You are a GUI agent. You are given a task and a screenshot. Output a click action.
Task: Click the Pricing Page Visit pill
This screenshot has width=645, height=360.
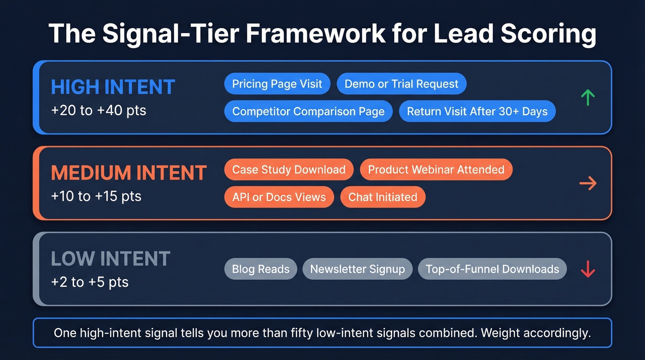pyautogui.click(x=277, y=84)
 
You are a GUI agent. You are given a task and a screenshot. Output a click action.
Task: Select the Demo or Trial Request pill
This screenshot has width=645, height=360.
pyautogui.click(x=401, y=84)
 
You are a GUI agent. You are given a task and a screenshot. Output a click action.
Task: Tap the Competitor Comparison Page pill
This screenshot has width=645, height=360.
pyautogui.click(x=308, y=112)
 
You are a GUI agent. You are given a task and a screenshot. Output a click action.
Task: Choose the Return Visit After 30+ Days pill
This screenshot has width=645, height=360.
pyautogui.click(x=477, y=112)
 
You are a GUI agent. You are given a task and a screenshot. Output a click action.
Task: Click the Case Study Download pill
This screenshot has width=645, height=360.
pyautogui.click(x=289, y=170)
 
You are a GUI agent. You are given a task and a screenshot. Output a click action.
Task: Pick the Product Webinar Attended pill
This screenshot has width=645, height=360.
pyautogui.click(x=436, y=170)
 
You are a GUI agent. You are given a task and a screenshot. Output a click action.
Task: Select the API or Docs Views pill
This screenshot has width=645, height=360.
pyautogui.click(x=279, y=197)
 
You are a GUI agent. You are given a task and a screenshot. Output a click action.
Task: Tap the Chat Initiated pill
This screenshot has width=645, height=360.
pyautogui.click(x=382, y=197)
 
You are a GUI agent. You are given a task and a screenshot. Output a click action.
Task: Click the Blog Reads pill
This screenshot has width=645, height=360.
pyautogui.click(x=261, y=269)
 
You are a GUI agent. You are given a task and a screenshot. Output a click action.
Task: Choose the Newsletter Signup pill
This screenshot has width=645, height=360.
pyautogui.click(x=357, y=269)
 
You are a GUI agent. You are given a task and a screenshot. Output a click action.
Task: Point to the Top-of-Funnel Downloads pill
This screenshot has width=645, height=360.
pyautogui.click(x=492, y=269)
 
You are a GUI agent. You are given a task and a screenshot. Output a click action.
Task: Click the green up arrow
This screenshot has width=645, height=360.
pyautogui.click(x=587, y=97)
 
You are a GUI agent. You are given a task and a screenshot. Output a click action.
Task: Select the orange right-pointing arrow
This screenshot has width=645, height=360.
pyautogui.click(x=587, y=183)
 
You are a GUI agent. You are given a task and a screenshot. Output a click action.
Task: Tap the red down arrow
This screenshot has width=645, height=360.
pyautogui.click(x=587, y=269)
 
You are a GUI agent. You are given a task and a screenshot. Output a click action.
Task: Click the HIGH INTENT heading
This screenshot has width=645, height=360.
pyautogui.click(x=113, y=87)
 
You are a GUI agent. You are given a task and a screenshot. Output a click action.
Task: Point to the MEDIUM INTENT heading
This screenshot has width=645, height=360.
pyautogui.click(x=129, y=173)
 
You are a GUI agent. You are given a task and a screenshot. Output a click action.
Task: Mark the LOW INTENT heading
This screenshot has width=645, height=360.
pyautogui.click(x=111, y=259)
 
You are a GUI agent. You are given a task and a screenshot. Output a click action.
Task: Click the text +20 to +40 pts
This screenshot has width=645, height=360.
pyautogui.click(x=98, y=111)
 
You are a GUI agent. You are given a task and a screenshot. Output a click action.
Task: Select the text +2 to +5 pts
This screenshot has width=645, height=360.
pyautogui.click(x=89, y=282)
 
